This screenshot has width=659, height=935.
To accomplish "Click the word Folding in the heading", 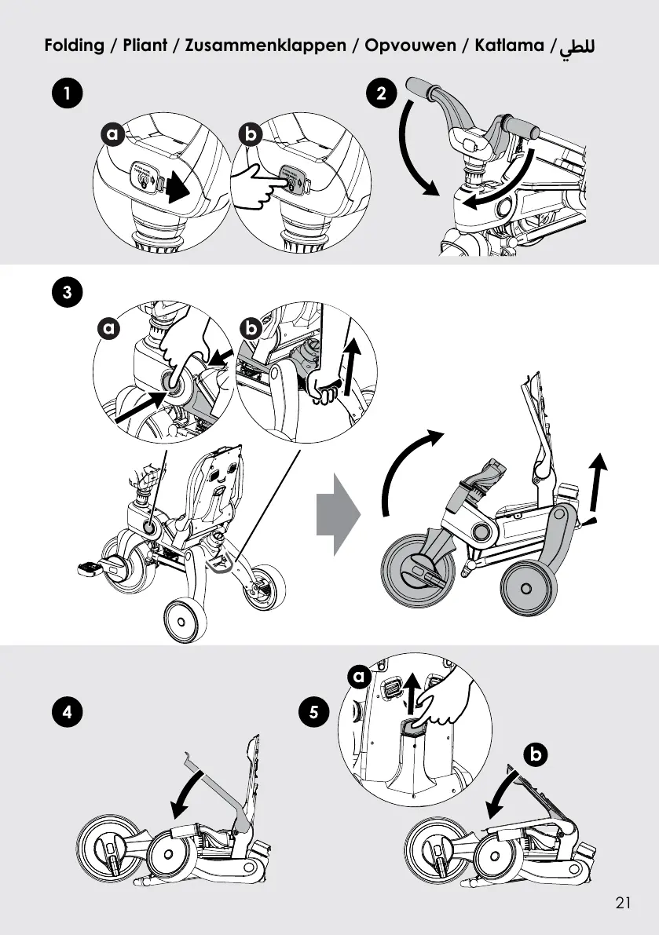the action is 75,45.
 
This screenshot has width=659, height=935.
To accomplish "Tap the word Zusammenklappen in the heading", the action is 265,45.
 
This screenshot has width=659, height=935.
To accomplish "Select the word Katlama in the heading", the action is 510,45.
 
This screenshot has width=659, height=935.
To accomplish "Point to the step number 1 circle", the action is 68,94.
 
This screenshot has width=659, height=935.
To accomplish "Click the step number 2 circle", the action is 382,94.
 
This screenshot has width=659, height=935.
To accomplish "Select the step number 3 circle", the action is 68,293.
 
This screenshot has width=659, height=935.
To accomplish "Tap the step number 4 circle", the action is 68,713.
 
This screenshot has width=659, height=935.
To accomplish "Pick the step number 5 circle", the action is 314,713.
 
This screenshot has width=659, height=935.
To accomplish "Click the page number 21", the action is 624,903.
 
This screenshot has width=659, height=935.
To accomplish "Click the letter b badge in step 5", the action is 536,755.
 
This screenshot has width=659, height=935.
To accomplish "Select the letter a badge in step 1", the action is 112,135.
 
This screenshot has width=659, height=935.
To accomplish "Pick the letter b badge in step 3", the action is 251,329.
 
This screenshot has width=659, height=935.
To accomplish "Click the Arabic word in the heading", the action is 577,46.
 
